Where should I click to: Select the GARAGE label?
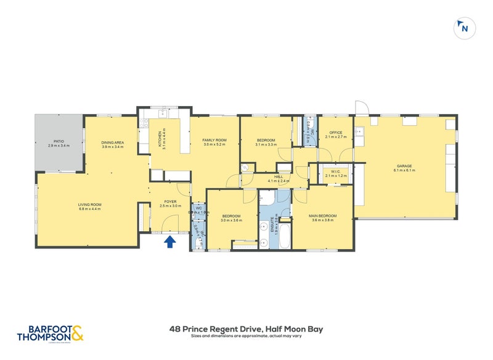(404, 166)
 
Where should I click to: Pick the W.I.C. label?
(335, 173)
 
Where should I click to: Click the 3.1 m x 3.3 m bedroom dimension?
(266, 145)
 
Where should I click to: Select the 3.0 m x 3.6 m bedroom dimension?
(231, 220)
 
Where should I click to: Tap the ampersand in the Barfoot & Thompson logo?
(77, 333)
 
